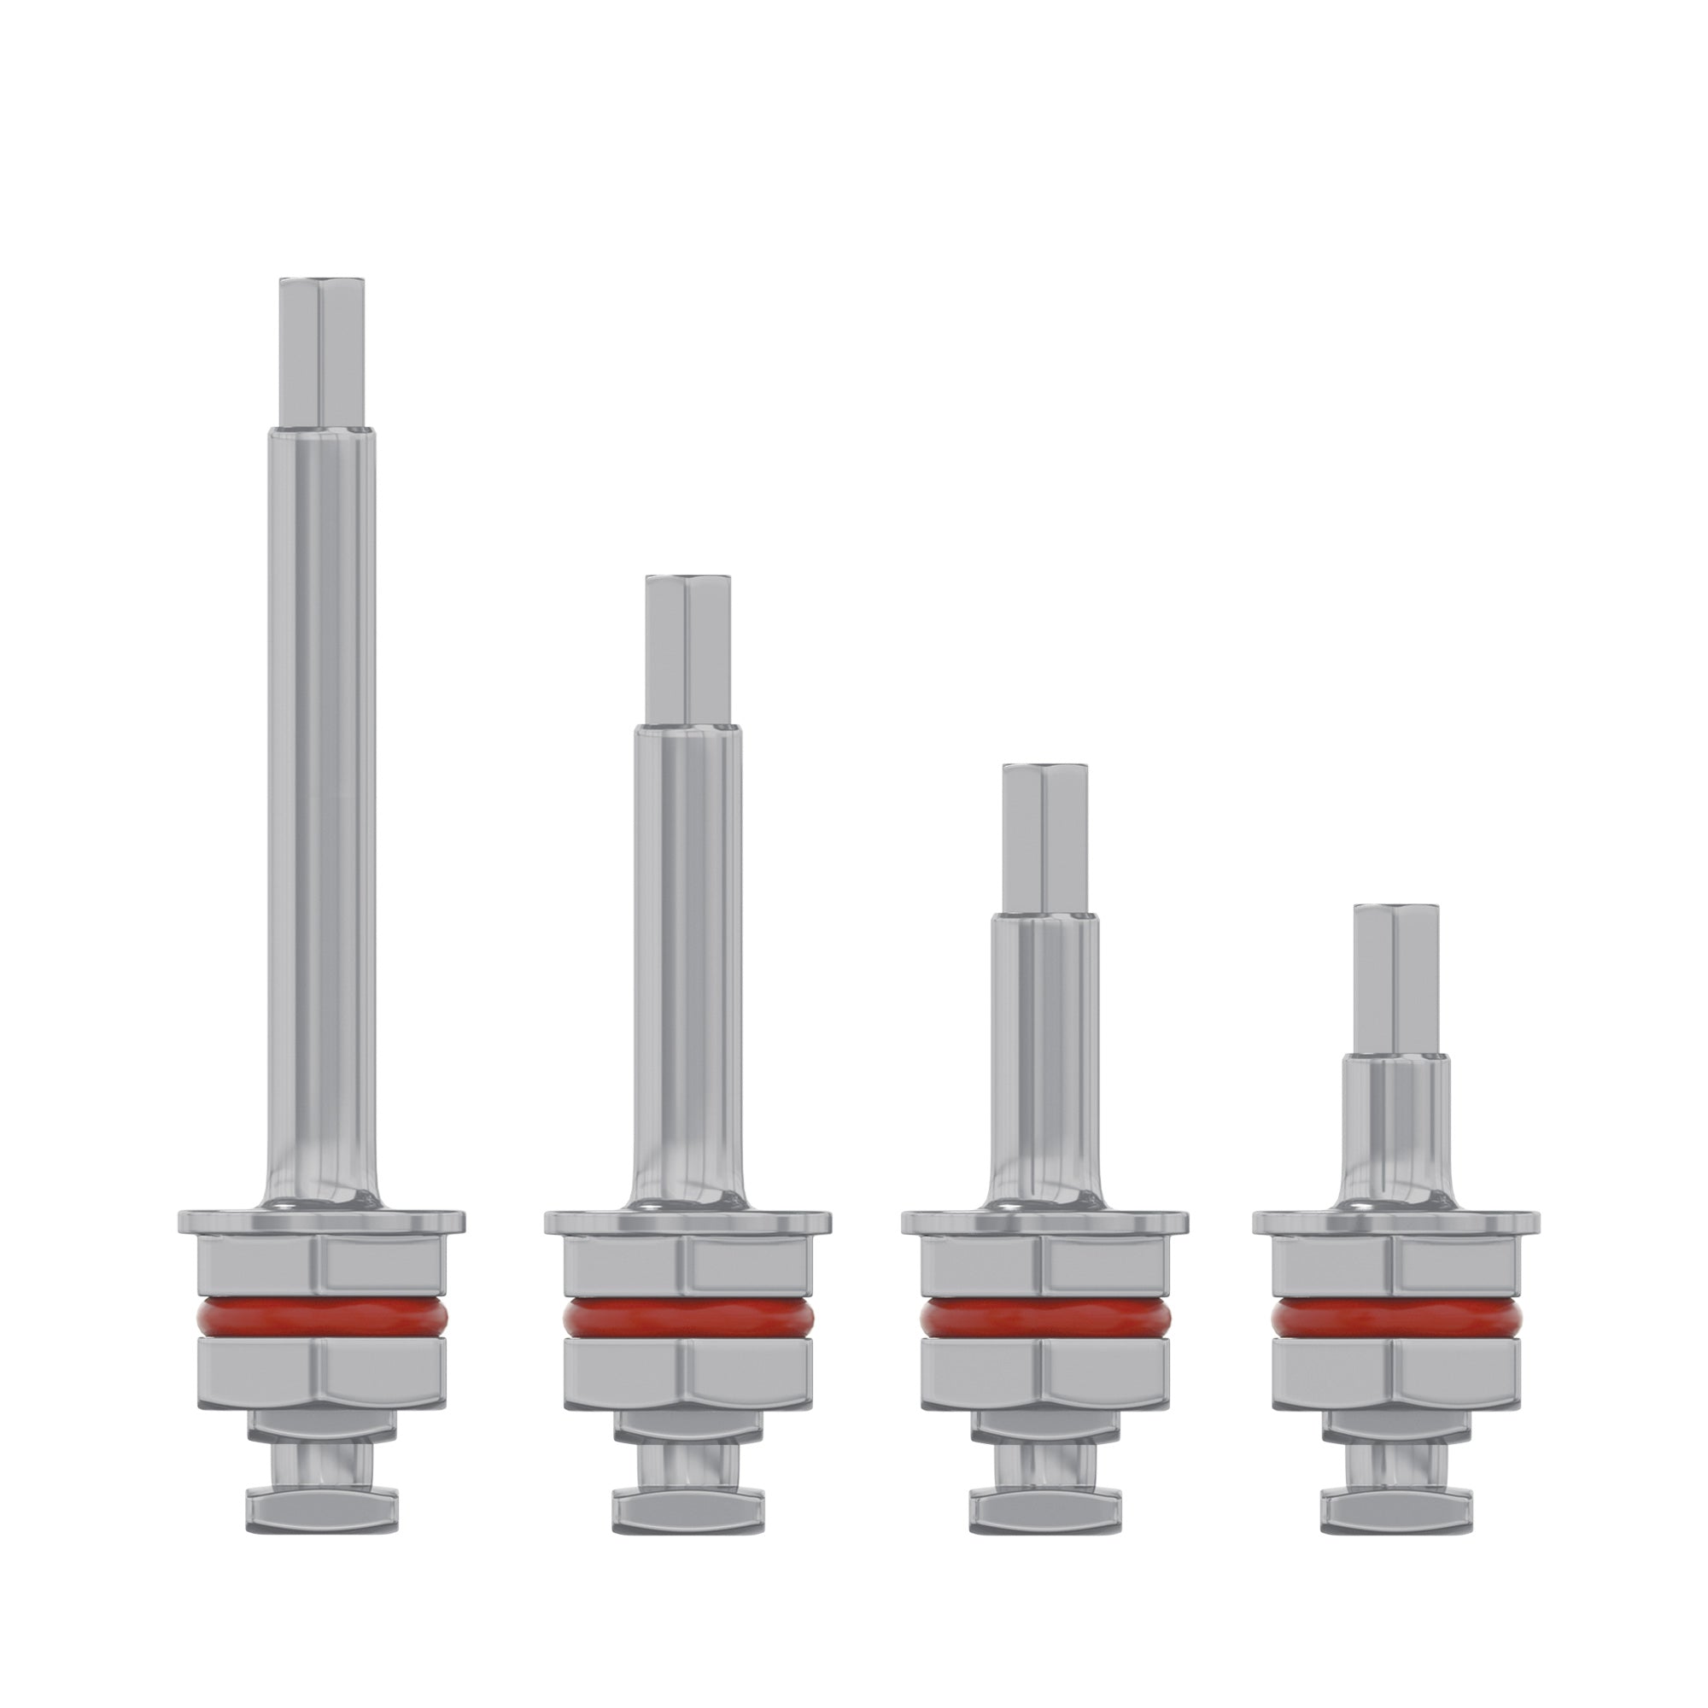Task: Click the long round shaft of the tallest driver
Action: coord(322,796)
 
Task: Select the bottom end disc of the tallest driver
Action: coord(322,1508)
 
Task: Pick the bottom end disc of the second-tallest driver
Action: coord(687,1508)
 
